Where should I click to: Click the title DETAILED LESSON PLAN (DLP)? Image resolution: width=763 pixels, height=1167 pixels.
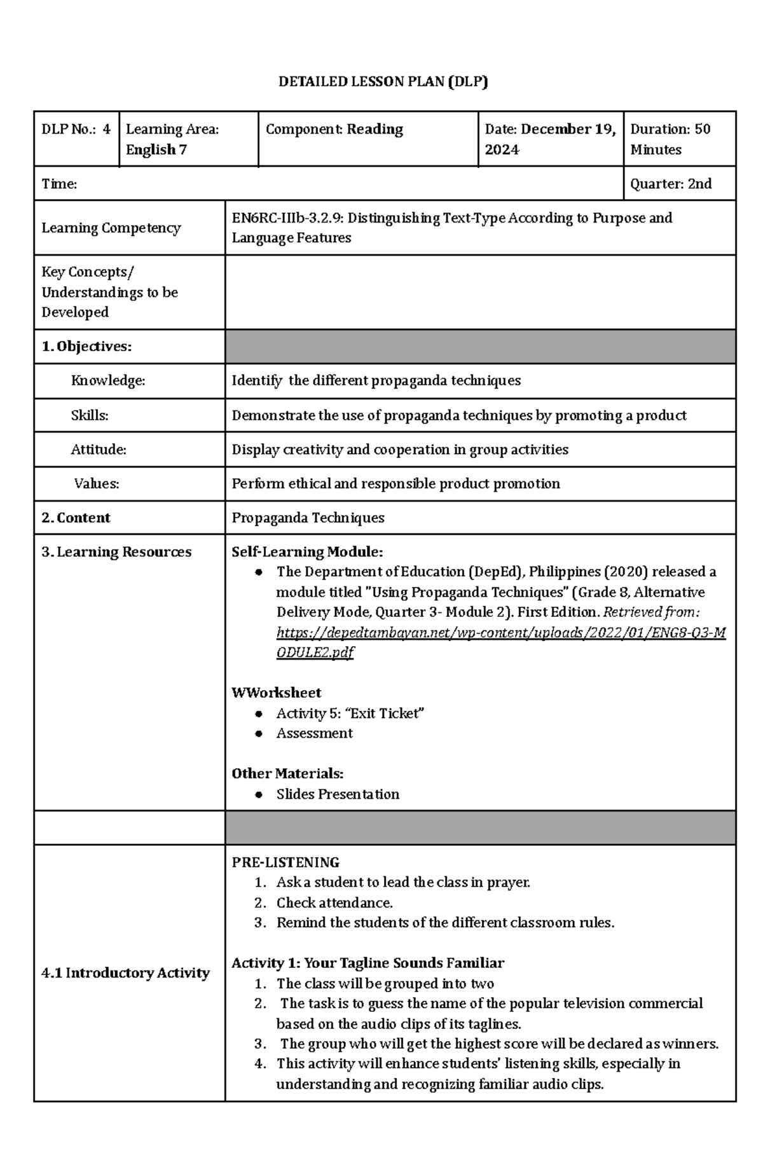coord(383,81)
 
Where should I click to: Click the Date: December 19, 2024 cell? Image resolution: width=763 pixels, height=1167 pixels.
coord(550,139)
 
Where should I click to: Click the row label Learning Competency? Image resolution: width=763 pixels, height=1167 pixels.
coord(111,228)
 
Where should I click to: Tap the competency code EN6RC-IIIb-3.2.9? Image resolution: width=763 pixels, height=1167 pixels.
coord(287,218)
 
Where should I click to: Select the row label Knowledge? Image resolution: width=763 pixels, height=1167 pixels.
coord(108,381)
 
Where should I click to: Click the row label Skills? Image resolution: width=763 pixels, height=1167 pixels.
coord(90,415)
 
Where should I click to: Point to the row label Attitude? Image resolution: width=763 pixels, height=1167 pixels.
coord(99,450)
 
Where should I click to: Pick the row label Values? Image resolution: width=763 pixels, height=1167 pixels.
coord(97,484)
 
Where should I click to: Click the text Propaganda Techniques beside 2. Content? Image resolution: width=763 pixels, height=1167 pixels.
coord(308,518)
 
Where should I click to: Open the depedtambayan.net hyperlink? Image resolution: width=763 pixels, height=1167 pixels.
coord(500,633)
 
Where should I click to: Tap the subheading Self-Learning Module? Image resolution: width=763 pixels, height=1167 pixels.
coord(307,552)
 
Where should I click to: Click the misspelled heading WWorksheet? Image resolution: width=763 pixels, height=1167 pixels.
coord(276,693)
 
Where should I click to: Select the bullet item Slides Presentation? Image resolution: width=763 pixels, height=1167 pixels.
coord(338,794)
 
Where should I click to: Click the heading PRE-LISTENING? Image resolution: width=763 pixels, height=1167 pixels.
coord(285,862)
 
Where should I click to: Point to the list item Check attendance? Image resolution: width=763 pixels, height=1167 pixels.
coord(334,903)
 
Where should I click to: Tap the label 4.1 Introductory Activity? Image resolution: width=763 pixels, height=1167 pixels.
coord(125,973)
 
